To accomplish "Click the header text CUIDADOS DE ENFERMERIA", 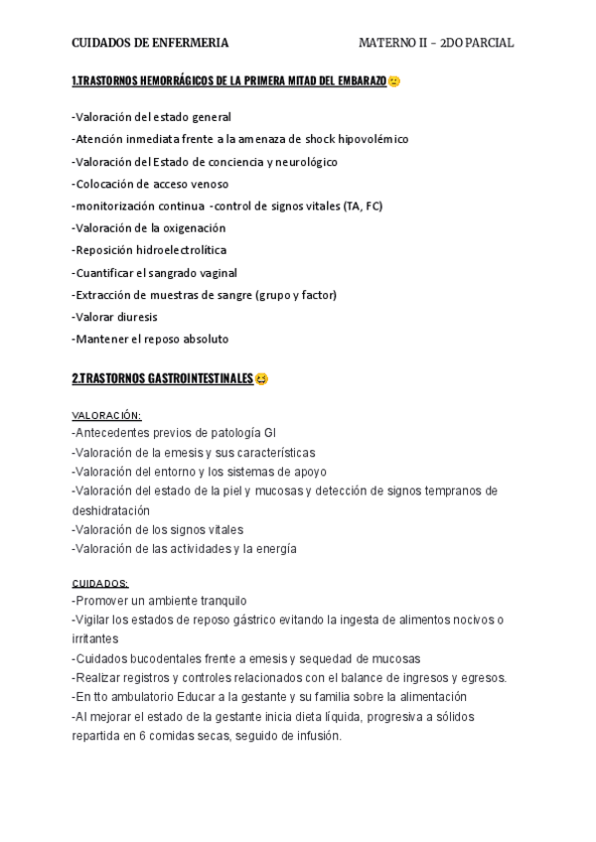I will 150,43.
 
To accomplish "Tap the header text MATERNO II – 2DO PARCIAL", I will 436,43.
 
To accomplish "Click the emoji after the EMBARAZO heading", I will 394,81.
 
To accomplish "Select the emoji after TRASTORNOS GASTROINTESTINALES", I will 261,379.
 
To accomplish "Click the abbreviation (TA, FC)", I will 362,206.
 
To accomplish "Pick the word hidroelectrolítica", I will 184,250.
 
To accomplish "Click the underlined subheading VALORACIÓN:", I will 106,415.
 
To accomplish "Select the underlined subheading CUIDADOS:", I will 100,583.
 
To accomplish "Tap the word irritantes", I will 94,639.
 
